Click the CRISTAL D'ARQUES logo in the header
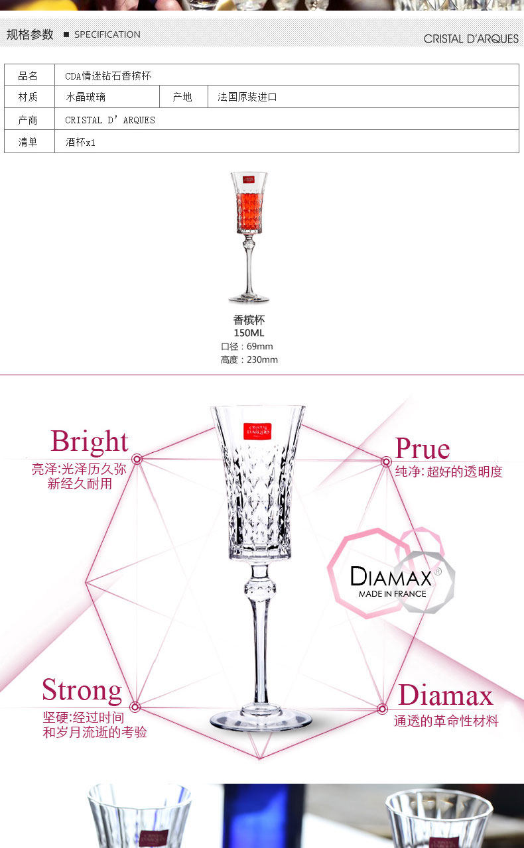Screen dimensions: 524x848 [x=471, y=38]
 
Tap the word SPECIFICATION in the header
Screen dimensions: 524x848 [x=107, y=34]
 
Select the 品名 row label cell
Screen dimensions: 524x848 [x=29, y=76]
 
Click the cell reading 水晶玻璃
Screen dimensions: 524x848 [x=86, y=97]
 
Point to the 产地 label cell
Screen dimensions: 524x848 [x=182, y=97]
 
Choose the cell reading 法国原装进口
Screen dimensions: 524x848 [x=247, y=97]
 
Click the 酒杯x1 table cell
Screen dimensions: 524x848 [x=81, y=142]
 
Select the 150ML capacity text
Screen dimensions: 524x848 [x=249, y=333]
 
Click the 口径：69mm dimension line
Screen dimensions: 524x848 [x=247, y=346]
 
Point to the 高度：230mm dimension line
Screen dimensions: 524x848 [x=249, y=359]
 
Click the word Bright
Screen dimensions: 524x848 [x=90, y=442]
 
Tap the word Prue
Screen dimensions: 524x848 [x=423, y=449]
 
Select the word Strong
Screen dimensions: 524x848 [x=82, y=690]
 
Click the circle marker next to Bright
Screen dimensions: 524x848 [x=137, y=459]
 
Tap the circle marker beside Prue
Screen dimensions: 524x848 [x=386, y=461]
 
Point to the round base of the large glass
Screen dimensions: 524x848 [x=261, y=719]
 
